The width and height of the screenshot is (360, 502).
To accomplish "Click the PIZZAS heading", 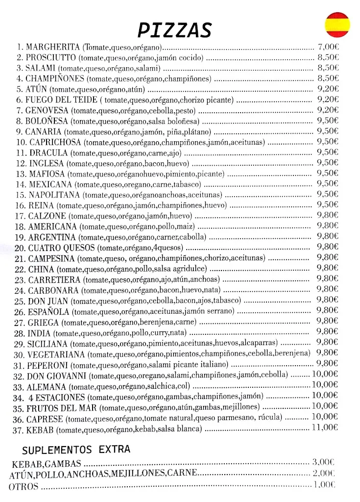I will (x=174, y=30).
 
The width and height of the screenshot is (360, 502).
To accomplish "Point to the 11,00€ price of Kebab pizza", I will (x=325, y=427).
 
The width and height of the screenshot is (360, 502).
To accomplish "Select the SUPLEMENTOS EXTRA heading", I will (x=76, y=449).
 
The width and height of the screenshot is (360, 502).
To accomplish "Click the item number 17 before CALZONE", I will (x=20, y=216).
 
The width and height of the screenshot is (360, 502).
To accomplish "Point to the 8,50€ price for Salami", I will (x=328, y=68).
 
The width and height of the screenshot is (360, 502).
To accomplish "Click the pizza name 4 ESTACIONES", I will (x=56, y=397).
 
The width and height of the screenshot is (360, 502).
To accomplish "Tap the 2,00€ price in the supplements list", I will (x=324, y=474).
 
